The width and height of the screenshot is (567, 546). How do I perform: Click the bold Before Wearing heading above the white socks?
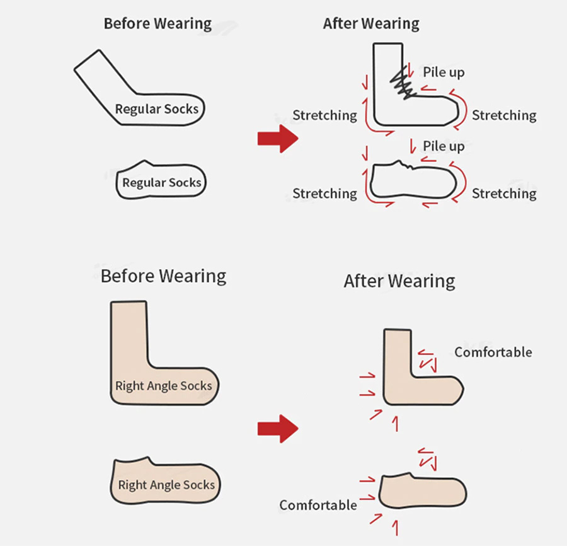click(x=157, y=24)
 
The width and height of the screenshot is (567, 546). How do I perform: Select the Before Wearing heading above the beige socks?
click(x=163, y=276)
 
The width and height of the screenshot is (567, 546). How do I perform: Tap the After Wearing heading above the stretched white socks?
click(x=371, y=24)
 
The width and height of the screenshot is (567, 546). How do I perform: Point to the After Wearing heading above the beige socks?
click(x=399, y=281)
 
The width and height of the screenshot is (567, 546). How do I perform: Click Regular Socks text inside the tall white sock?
click(x=156, y=109)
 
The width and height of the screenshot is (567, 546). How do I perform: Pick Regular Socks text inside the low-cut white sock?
click(x=161, y=183)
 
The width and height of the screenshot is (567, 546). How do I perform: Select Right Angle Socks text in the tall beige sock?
click(x=163, y=385)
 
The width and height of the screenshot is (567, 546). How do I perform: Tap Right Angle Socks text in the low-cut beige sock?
click(x=166, y=485)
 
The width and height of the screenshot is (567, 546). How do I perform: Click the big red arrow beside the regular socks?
click(x=277, y=139)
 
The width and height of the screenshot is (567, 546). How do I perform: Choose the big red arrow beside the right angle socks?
click(x=277, y=429)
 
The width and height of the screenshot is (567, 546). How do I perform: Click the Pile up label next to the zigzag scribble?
click(x=444, y=72)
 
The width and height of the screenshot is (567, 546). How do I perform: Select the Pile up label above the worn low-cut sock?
click(x=444, y=146)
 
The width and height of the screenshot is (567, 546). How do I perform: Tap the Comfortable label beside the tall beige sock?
click(x=493, y=352)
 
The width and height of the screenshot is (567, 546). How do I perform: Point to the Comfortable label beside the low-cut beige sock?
click(x=318, y=505)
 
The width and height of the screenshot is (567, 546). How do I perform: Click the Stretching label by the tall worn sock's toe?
click(x=504, y=115)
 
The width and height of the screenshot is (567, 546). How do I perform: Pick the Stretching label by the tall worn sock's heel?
click(x=324, y=115)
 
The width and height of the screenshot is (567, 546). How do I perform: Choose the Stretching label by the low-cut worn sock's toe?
click(x=504, y=194)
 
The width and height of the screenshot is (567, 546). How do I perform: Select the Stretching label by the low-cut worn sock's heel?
click(x=324, y=194)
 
